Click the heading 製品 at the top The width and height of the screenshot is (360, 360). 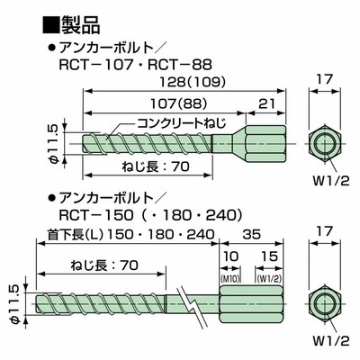tap(80, 25)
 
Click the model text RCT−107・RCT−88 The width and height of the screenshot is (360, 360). tap(135, 65)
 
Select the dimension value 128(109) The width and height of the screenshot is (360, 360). tap(192, 82)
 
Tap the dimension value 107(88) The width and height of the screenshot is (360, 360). tap(178, 103)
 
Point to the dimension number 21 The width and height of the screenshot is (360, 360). tap(266, 103)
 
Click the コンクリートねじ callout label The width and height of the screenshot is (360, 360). tap(182, 122)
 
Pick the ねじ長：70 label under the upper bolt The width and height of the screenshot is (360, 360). tap(156, 166)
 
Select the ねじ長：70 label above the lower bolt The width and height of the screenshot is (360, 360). tap(104, 265)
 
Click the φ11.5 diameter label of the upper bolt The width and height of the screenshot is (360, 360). tap(51, 143)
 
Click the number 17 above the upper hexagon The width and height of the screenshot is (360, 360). tap(325, 79)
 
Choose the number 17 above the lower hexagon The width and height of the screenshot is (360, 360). tap(325, 231)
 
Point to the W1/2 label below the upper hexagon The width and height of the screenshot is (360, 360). tap(331, 181)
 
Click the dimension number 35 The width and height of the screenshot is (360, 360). tap(251, 234)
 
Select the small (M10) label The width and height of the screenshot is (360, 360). tap(230, 279)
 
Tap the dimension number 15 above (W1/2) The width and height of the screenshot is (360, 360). tap(269, 256)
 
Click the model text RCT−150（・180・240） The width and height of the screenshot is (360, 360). tap(150, 215)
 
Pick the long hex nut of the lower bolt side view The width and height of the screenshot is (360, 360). tap(251, 304)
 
